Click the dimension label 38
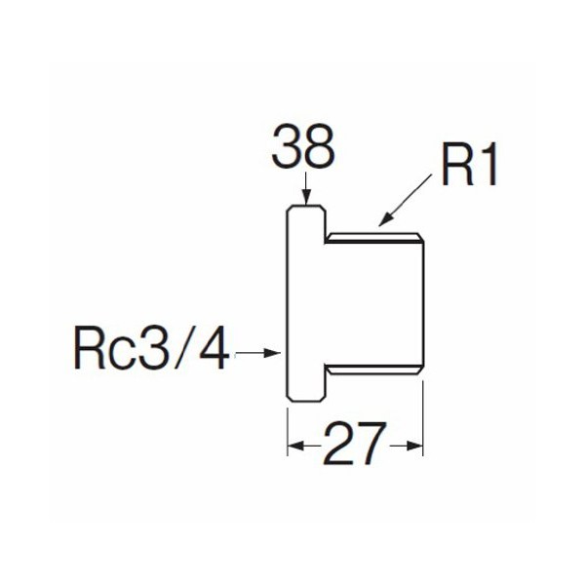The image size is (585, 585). (303, 150)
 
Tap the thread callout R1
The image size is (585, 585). (469, 165)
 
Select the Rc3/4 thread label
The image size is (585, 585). (152, 348)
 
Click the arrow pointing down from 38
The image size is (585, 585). (305, 191)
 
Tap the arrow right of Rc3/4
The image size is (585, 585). (260, 350)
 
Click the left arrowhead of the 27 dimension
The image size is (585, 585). (294, 447)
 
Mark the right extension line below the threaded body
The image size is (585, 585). (424, 419)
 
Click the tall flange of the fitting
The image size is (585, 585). (303, 302)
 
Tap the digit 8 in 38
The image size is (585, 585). (320, 150)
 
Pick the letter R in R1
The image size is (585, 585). (456, 165)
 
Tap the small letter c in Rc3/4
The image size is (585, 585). (123, 353)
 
